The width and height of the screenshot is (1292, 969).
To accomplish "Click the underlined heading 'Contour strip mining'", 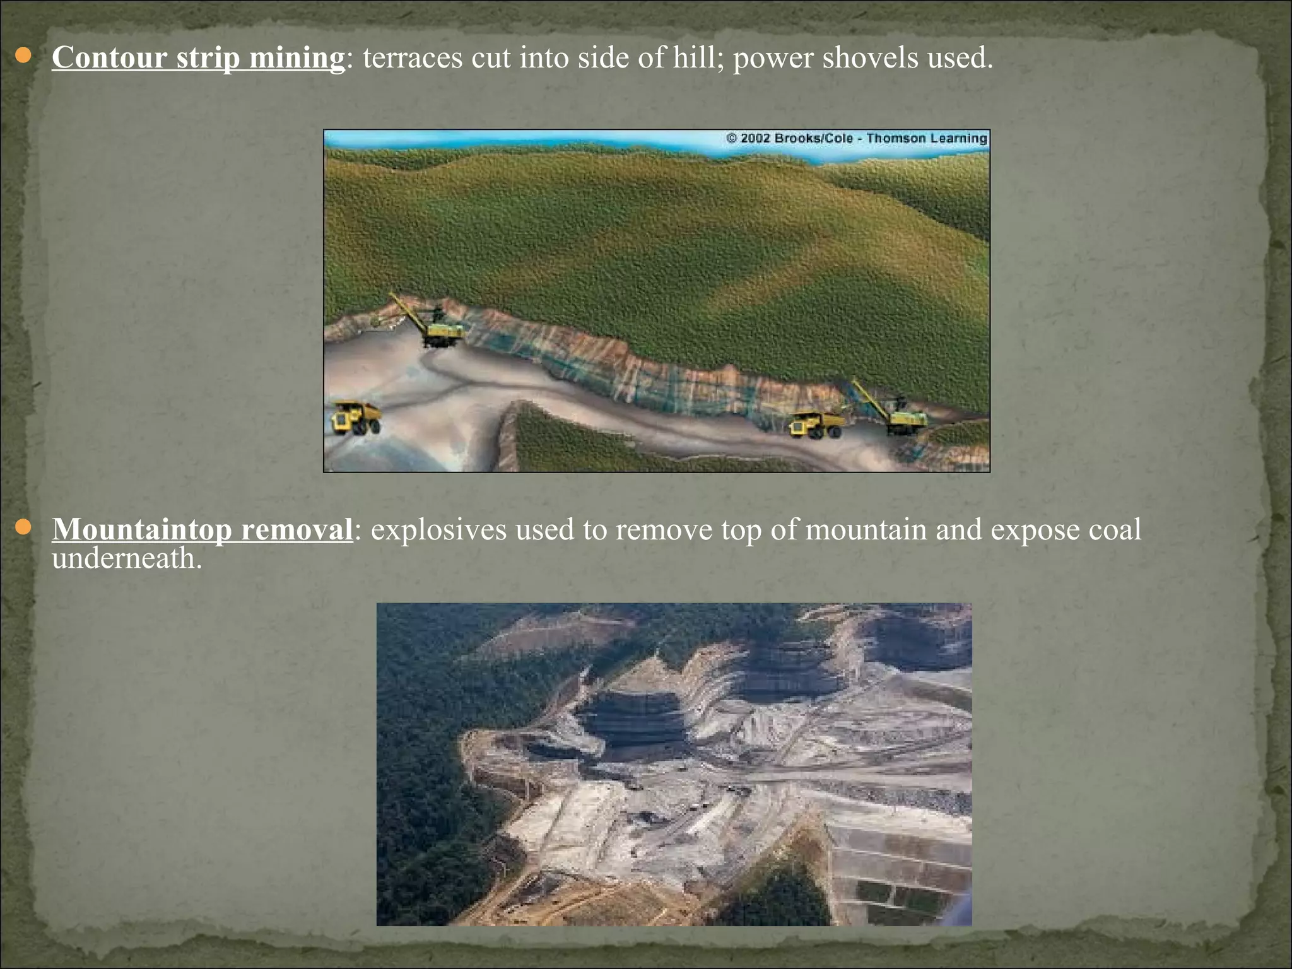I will [x=198, y=58].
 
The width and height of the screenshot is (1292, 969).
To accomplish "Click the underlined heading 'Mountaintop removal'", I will [x=202, y=529].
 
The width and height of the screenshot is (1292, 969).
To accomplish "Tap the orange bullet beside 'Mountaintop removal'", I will [x=23, y=527].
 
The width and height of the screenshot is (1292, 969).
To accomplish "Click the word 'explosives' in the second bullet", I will [x=438, y=531].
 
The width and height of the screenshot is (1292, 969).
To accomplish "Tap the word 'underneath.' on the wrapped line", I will [x=127, y=558].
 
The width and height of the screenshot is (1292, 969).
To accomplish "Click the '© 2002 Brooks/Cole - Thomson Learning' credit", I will [x=857, y=138].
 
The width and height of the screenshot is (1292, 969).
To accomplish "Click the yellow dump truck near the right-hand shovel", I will [x=816, y=423].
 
